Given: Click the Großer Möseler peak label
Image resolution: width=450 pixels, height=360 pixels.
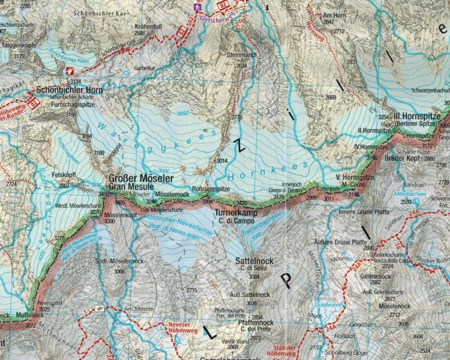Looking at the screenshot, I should point(140,179).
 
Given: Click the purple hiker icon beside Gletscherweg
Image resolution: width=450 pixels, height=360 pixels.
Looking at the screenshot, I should point(196,8).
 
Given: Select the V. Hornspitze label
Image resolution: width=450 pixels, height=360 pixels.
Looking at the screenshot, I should point(355,178).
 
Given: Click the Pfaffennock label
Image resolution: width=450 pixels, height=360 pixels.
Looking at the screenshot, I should point(257,323).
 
